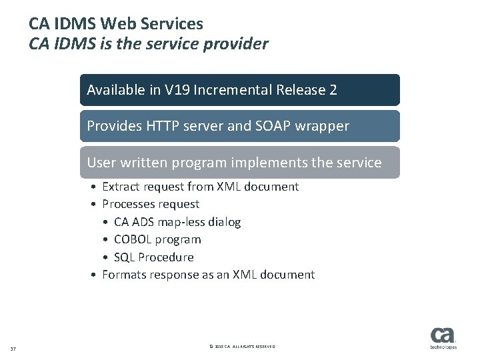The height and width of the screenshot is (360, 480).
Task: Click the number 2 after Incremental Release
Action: pos(333,90)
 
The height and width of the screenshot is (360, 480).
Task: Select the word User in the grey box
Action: pos(101,162)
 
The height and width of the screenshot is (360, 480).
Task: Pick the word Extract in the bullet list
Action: pos(121,187)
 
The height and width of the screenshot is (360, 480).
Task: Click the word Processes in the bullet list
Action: pos(129,204)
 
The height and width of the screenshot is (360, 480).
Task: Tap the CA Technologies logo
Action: pos(443,338)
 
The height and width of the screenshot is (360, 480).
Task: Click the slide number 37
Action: pos(13,347)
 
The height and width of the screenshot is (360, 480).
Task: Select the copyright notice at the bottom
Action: pos(241,347)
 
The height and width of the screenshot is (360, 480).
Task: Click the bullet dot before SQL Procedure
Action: pos(107,257)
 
